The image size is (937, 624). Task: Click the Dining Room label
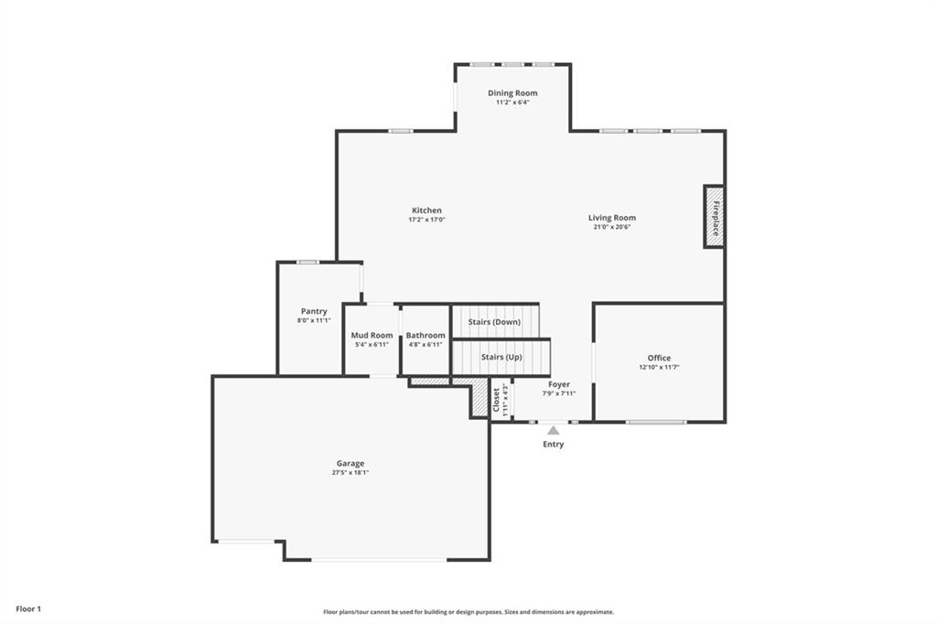point(512,92)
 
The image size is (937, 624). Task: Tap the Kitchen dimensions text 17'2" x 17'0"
point(426,220)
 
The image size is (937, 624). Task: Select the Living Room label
point(612,218)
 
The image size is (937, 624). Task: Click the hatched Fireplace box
point(714,217)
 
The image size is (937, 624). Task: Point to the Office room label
point(659,358)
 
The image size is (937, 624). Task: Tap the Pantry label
point(314,311)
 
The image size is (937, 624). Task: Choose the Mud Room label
point(372,335)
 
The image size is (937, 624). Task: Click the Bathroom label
point(425,335)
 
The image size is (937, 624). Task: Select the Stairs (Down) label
point(494,322)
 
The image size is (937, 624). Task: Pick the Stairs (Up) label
point(501,357)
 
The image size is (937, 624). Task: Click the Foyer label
point(559,384)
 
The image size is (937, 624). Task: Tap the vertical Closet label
point(497,400)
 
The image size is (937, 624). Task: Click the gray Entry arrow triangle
point(553,429)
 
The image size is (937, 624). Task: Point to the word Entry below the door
point(553,445)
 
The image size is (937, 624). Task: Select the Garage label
point(350,463)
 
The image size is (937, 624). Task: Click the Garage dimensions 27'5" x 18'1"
point(350,473)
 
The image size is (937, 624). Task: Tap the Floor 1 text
point(27,608)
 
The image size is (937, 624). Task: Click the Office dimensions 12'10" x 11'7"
point(659,367)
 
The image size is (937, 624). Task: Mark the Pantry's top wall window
point(307,263)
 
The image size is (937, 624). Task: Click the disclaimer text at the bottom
point(468,612)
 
